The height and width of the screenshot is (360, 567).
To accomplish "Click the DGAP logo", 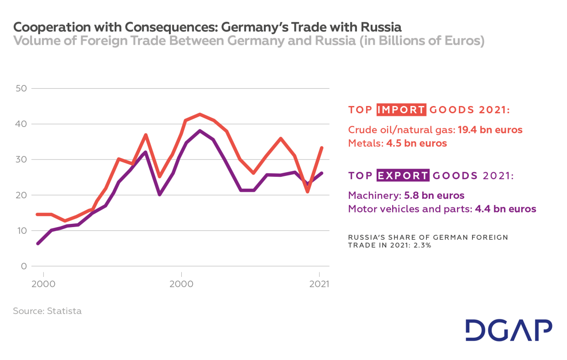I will pyautogui.click(x=509, y=330).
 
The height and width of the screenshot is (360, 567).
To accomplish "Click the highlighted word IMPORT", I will pyautogui.click(x=401, y=110).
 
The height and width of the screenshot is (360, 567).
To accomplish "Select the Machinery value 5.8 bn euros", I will pyautogui.click(x=434, y=196).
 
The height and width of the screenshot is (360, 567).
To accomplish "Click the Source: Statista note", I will pyautogui.click(x=47, y=311).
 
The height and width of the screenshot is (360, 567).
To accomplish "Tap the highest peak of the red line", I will pyautogui.click(x=199, y=114).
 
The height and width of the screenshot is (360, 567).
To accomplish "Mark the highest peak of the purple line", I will pyautogui.click(x=200, y=131).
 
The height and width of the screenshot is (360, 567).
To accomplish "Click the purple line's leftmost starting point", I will pyautogui.click(x=38, y=244).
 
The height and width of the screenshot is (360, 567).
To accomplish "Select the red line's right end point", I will pyautogui.click(x=322, y=148).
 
